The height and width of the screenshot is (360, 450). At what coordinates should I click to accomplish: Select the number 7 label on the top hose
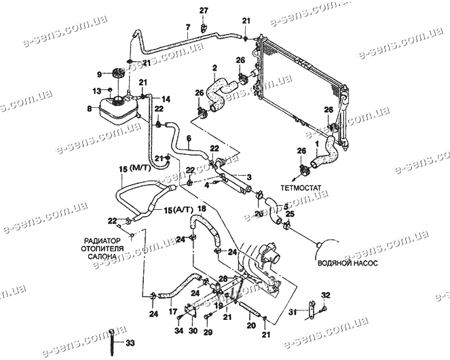(187, 27)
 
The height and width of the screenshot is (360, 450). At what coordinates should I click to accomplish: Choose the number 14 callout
(166, 99)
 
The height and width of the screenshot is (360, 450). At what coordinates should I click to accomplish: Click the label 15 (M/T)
(136, 168)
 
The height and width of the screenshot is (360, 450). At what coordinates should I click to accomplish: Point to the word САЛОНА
(102, 257)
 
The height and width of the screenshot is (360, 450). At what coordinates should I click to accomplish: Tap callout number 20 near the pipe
(250, 325)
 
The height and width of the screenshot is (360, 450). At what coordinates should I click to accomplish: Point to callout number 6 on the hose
(189, 138)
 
